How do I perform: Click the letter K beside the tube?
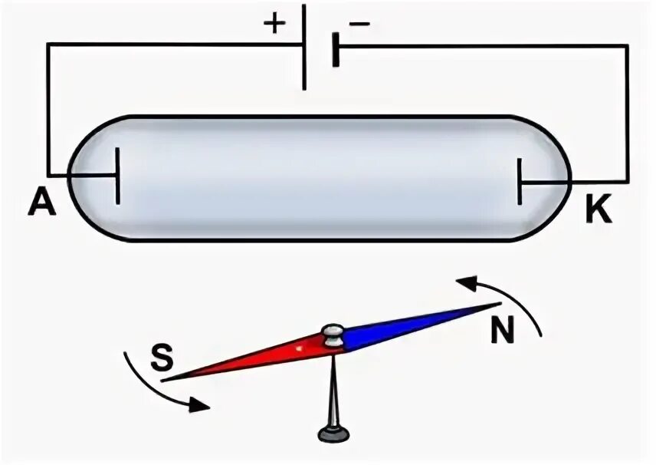pyautogui.click(x=599, y=209)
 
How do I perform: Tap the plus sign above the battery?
pyautogui.click(x=274, y=22)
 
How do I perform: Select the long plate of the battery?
pyautogui.click(x=304, y=46)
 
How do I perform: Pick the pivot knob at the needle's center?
pyautogui.click(x=333, y=335)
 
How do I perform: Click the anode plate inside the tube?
pyautogui.click(x=118, y=176)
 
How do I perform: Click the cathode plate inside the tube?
pyautogui.click(x=520, y=182)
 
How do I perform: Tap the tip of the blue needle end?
pyautogui.click(x=498, y=305)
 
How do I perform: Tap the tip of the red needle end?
pyautogui.click(x=164, y=379)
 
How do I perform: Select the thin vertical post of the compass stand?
pyautogui.click(x=333, y=387)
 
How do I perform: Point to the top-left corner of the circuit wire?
pyautogui.click(x=48, y=45)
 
